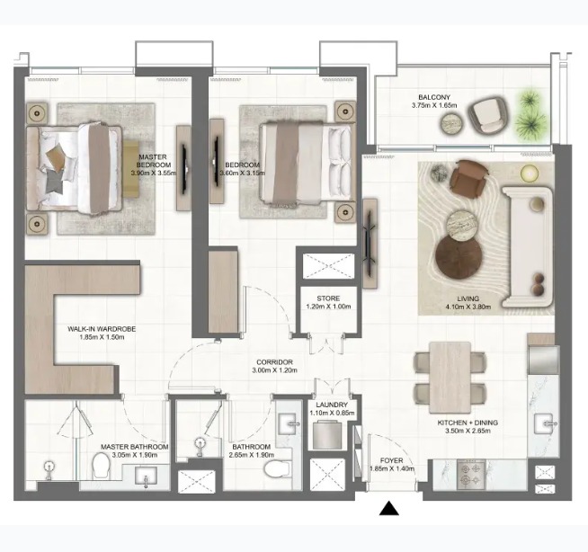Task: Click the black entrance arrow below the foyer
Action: (389, 508)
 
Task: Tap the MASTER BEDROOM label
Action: (153, 161)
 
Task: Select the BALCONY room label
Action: (434, 97)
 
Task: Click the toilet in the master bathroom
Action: (100, 465)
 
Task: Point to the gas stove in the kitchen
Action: (471, 475)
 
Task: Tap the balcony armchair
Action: (488, 115)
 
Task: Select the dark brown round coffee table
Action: (459, 256)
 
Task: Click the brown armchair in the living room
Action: (468, 178)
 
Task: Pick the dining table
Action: (450, 377)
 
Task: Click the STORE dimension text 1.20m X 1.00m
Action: (328, 307)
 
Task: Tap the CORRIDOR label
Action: (274, 362)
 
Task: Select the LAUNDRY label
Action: (332, 405)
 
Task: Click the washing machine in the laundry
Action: (327, 434)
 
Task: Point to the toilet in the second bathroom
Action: (276, 468)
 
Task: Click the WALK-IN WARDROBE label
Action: (102, 329)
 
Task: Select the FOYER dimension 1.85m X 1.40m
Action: (392, 468)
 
